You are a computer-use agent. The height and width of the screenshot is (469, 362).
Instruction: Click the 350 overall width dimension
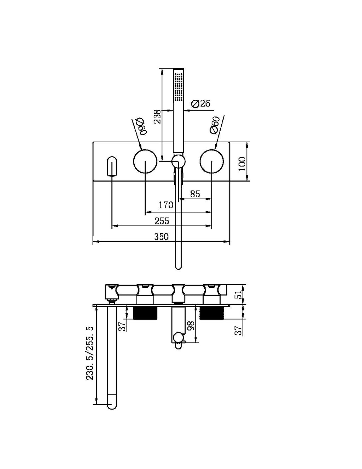(x=161, y=236)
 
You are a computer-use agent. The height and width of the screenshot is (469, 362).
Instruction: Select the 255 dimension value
(x=162, y=221)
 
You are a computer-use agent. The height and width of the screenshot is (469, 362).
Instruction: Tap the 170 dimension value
(x=166, y=205)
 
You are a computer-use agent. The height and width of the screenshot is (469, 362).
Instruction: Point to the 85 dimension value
(x=195, y=194)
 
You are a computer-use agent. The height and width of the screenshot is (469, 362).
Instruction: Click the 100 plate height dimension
(x=242, y=164)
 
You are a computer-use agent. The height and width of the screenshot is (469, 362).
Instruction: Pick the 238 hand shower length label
(x=157, y=116)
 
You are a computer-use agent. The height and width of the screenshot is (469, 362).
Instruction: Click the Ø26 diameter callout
(x=200, y=104)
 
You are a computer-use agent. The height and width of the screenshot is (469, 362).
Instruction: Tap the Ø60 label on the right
(x=215, y=125)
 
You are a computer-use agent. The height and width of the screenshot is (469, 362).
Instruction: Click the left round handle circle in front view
(x=145, y=161)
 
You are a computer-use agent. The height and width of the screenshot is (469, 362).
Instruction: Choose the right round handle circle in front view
(x=211, y=161)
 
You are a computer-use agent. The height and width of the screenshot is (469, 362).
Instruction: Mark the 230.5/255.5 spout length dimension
(x=90, y=353)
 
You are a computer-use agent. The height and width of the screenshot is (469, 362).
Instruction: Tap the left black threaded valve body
(x=145, y=313)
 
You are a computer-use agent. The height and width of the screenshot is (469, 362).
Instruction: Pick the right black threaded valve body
(x=211, y=313)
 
